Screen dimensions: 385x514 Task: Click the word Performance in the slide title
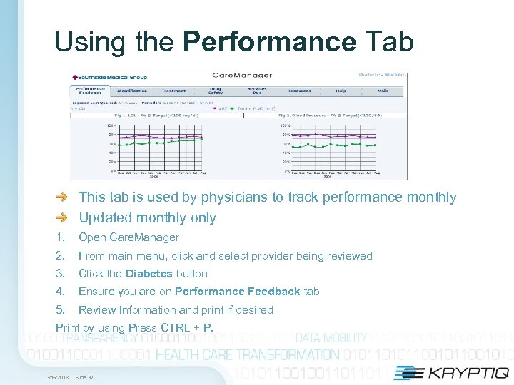pos(269,41)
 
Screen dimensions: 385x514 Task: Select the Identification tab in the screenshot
pos(132,91)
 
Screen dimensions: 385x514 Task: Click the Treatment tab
pos(173,91)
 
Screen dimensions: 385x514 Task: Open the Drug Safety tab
pos(215,91)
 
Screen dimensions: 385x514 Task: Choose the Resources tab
pos(298,91)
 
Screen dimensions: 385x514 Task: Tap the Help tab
pos(341,91)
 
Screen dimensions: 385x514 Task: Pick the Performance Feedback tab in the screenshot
pos(90,91)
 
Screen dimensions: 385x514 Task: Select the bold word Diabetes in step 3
pos(148,274)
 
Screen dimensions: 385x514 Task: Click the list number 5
pos(61,310)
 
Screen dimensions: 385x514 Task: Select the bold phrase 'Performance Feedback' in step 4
pos(238,292)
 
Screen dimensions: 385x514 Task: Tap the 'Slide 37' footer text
pos(85,377)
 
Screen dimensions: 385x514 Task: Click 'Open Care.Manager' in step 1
pos(128,237)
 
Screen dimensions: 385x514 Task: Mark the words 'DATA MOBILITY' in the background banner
pos(331,338)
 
